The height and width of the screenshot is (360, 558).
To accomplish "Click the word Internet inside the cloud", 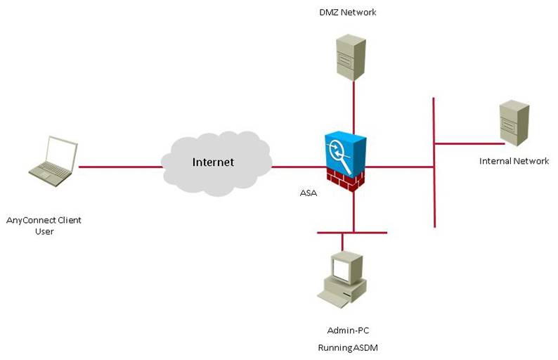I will point(213,162).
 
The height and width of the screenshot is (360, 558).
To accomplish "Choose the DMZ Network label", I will point(348,11).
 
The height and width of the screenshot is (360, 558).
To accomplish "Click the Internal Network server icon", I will point(514,124).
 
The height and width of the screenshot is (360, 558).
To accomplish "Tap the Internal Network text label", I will point(514,161).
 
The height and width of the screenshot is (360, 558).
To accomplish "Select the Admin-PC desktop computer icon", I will point(342,280).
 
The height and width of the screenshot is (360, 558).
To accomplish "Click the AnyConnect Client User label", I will point(44,226).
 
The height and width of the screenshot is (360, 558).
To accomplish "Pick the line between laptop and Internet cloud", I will point(119,167).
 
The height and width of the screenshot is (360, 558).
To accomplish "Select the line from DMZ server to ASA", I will point(353,105).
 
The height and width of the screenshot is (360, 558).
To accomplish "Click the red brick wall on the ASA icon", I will point(346,179).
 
